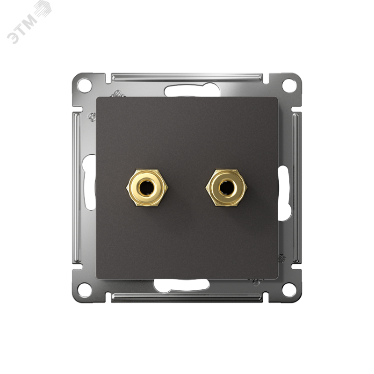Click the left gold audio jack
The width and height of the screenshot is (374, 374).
pyautogui.click(x=147, y=187)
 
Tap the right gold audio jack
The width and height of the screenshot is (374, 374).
pyautogui.click(x=226, y=187)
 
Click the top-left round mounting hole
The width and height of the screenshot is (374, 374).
pyautogui.click(x=85, y=84)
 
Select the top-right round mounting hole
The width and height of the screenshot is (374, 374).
pyautogui.click(x=289, y=84)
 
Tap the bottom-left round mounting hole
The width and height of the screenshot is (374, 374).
pyautogui.click(x=85, y=289)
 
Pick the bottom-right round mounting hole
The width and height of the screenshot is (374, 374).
pyautogui.click(x=289, y=289)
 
